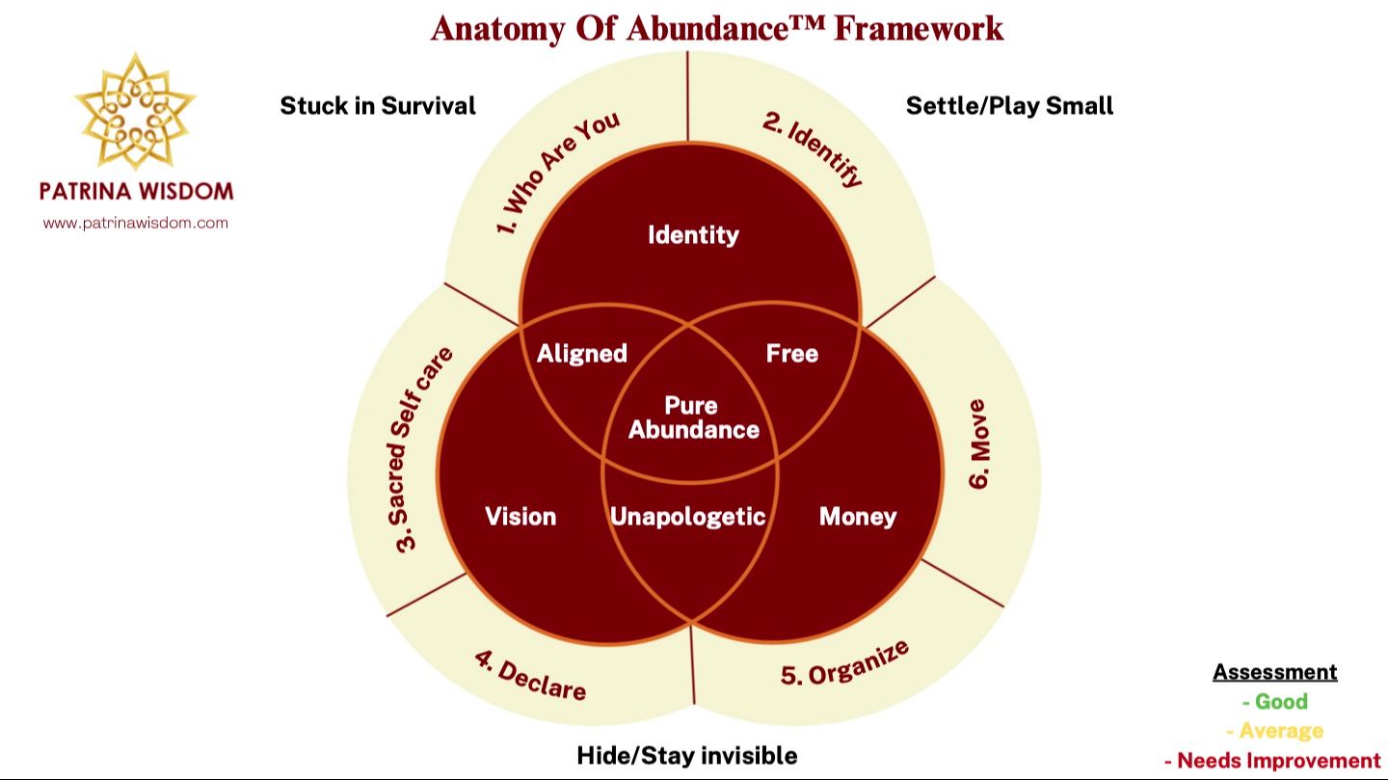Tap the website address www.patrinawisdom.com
(x=136, y=223)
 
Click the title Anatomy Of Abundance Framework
(x=717, y=27)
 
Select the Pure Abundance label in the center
(x=693, y=417)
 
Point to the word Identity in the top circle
(x=693, y=234)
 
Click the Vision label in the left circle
(x=520, y=517)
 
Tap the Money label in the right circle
(x=857, y=517)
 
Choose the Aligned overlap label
(x=582, y=354)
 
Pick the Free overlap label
(x=792, y=354)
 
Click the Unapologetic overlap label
(x=688, y=517)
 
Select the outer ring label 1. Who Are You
(x=558, y=173)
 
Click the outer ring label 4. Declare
(x=530, y=675)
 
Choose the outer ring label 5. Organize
(x=844, y=662)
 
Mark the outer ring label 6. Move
(x=978, y=444)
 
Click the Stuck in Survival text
(x=378, y=106)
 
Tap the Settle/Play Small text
(x=1009, y=106)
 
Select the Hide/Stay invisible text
(x=686, y=755)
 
